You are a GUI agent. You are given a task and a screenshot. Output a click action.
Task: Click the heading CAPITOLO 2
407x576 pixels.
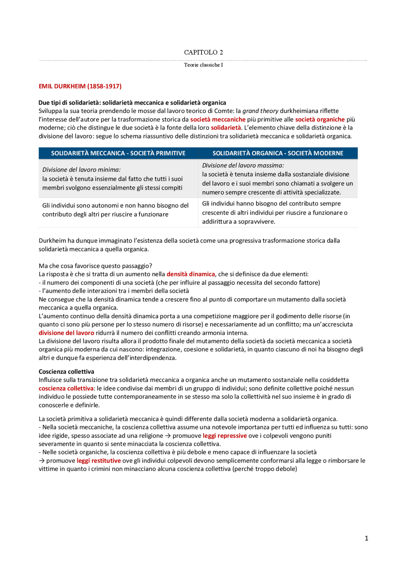203,52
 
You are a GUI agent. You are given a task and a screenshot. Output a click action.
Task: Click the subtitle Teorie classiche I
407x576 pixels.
203,65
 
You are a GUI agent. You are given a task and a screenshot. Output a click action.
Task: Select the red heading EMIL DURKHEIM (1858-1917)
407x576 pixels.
80,86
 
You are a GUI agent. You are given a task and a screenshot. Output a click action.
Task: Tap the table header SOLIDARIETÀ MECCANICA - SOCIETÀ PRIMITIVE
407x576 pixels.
118,153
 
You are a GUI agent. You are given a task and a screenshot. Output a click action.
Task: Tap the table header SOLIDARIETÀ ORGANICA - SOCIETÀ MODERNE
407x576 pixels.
278,153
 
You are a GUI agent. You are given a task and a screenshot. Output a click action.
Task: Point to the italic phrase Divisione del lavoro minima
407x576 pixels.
81,170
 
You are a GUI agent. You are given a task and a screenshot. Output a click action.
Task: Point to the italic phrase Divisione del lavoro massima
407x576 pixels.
243,165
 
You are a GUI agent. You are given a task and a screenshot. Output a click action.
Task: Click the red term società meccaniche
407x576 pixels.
218,120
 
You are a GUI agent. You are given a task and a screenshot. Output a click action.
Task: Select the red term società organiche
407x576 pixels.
320,120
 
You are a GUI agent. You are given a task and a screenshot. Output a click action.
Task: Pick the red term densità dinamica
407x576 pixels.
191,274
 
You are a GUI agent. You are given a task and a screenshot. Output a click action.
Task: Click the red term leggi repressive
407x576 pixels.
225,436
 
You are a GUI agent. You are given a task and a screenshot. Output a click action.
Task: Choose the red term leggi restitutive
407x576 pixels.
99,461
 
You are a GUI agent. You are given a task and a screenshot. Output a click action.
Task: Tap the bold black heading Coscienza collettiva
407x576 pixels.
66,371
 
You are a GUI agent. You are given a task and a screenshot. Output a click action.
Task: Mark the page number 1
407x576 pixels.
366,538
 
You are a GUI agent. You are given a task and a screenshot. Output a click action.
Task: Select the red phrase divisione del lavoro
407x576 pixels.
66,333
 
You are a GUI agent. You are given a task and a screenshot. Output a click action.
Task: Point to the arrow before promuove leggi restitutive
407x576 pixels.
42,461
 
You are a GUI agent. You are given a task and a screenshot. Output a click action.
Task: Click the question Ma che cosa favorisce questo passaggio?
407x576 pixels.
95,266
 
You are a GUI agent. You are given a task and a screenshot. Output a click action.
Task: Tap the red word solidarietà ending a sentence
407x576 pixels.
226,128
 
